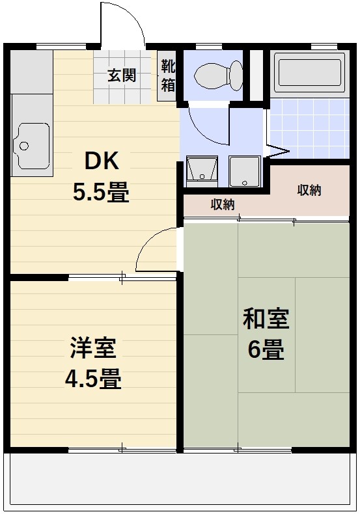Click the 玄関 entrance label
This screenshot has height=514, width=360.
click(x=122, y=75)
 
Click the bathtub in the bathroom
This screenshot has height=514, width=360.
click(x=309, y=74)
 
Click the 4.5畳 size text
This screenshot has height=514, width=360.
click(x=92, y=379)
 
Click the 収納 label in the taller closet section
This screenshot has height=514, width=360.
click(x=309, y=190)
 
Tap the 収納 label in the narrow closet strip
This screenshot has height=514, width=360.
click(x=223, y=204)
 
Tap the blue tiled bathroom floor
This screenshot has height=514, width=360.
click(x=310, y=127)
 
